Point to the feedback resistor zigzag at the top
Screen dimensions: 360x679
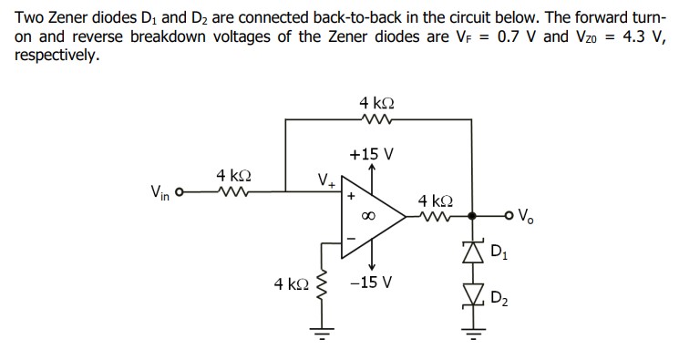[377, 119]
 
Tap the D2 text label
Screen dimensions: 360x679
[500, 297]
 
